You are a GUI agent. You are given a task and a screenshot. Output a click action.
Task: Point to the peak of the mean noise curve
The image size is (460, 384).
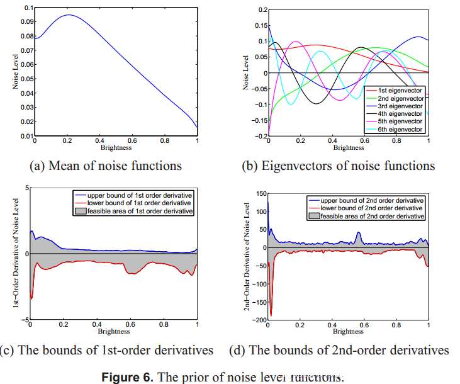click(68, 15)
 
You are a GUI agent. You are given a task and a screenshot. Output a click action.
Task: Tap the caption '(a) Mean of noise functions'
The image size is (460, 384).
click(106, 166)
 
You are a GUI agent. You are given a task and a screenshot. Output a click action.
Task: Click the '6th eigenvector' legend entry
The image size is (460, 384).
click(399, 130)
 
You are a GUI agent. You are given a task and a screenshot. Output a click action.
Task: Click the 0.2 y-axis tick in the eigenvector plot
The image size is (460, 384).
click(262, 10)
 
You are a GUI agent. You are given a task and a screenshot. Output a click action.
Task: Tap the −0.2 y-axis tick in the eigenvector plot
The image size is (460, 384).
click(261, 136)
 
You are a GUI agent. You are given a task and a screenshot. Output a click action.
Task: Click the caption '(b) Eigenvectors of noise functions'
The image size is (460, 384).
click(339, 166)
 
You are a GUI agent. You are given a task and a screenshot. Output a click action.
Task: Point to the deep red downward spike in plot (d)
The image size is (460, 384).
click(271, 313)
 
